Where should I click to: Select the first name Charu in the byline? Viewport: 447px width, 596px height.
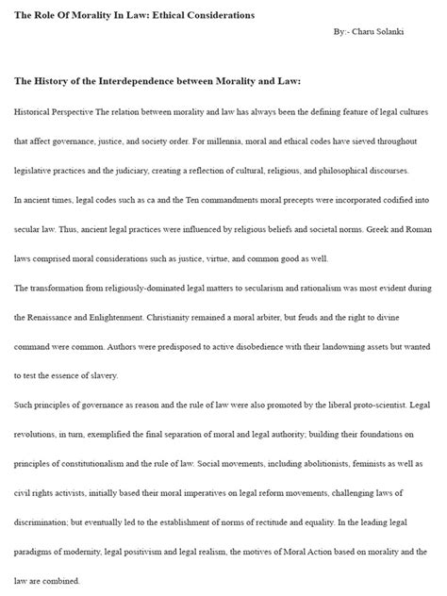368,32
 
